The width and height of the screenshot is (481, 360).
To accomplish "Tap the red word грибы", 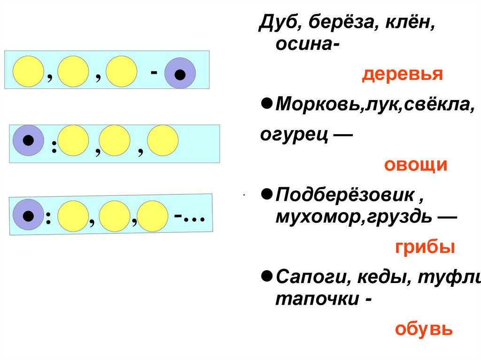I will (424, 247).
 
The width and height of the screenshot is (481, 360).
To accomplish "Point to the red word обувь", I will (423, 329).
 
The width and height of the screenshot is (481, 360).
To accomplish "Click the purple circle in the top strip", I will (180, 73).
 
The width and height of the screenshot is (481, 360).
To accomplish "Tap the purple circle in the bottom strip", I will (28, 215).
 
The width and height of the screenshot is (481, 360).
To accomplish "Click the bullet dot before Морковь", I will (266, 103).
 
